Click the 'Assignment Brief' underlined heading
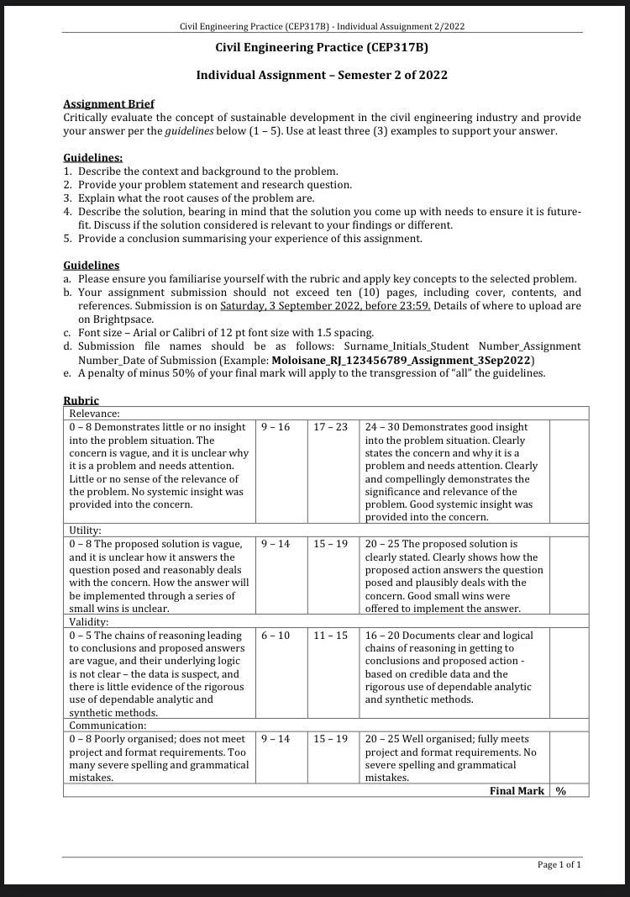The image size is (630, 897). click(x=108, y=104)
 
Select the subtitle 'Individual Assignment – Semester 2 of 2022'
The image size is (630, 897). click(x=322, y=75)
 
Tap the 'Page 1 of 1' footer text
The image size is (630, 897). click(x=559, y=864)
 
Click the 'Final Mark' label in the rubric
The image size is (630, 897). click(x=517, y=791)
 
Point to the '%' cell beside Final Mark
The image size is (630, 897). click(x=560, y=791)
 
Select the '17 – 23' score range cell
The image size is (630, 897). click(x=330, y=427)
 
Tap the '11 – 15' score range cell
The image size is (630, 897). click(x=330, y=636)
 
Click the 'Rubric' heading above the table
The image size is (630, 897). click(x=81, y=401)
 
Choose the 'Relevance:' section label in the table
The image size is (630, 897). click(x=94, y=414)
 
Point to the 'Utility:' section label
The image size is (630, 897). click(x=85, y=530)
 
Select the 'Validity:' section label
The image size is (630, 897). click(x=87, y=622)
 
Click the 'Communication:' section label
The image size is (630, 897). click(x=108, y=726)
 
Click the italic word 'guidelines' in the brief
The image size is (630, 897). click(x=189, y=131)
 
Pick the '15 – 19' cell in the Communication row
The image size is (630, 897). click(x=330, y=739)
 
